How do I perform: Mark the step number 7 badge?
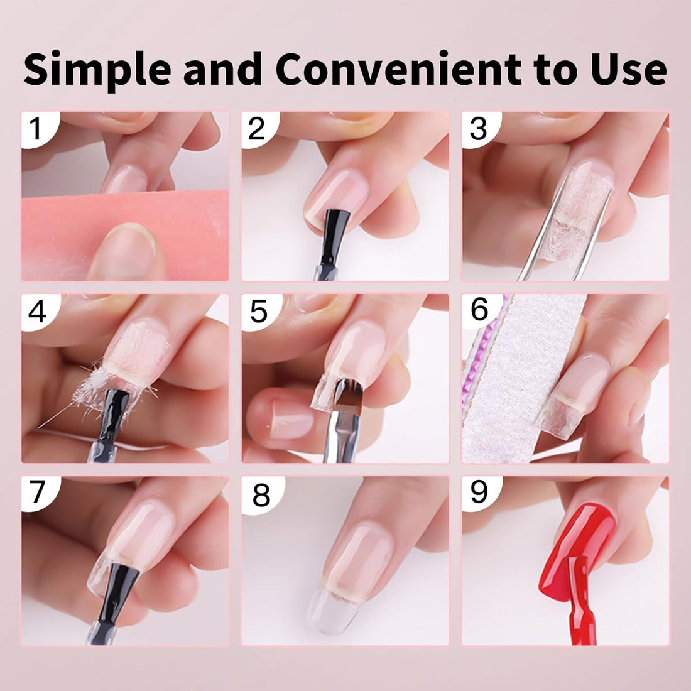point(36,492)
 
